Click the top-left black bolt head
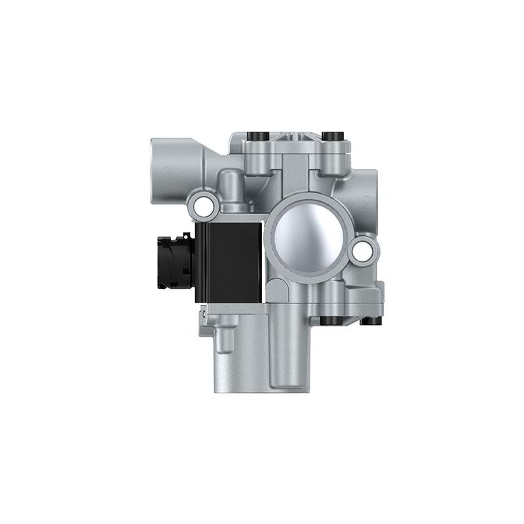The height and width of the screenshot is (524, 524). [x=256, y=136]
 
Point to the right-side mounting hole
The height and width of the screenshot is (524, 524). [x=361, y=250]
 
